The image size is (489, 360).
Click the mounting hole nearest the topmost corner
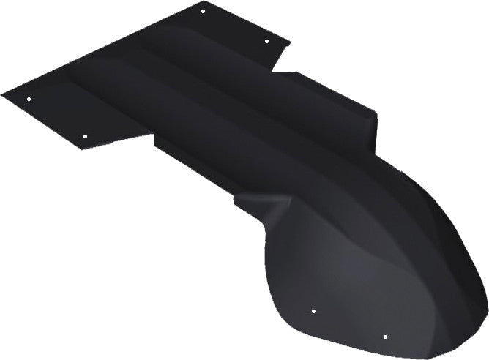click(203, 10)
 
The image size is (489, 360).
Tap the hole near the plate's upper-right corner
click(266, 40)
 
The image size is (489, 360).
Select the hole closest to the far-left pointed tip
click(29, 99)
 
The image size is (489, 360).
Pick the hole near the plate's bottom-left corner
click(85, 136)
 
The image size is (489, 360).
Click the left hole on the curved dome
click(313, 311)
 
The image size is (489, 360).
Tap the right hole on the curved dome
click(385, 337)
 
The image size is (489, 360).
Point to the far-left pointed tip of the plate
click(3, 94)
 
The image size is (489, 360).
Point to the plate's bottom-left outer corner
click(81, 149)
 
